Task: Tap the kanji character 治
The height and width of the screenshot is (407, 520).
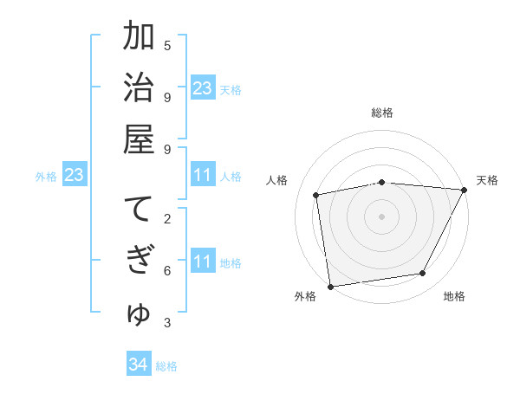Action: coord(139,88)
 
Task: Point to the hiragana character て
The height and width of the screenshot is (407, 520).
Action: coord(139,210)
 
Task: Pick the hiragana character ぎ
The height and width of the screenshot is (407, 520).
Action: coord(139,262)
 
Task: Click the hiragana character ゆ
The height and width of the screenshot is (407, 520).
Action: coord(139,313)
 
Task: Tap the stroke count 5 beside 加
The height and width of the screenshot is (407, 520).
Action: coord(167,45)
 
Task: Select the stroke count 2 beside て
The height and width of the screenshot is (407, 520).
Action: coord(167,218)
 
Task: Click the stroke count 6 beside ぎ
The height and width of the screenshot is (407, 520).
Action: coord(167,270)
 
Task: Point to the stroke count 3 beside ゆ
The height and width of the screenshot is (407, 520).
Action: coord(167,322)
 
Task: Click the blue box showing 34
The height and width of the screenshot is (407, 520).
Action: coord(139,365)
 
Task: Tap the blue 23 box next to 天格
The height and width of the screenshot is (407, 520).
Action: coord(203,88)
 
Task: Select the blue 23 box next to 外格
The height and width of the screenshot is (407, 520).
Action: coord(75,175)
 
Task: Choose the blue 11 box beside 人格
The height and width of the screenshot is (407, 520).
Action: coord(203,175)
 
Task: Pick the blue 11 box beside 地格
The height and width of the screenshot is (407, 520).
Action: coord(203,262)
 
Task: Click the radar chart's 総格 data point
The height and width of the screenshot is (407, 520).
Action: coord(381,182)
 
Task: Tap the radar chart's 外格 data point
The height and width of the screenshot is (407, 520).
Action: coord(330,286)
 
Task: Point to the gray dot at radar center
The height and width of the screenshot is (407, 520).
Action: coord(381,216)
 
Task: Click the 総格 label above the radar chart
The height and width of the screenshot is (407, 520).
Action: coord(381,113)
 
